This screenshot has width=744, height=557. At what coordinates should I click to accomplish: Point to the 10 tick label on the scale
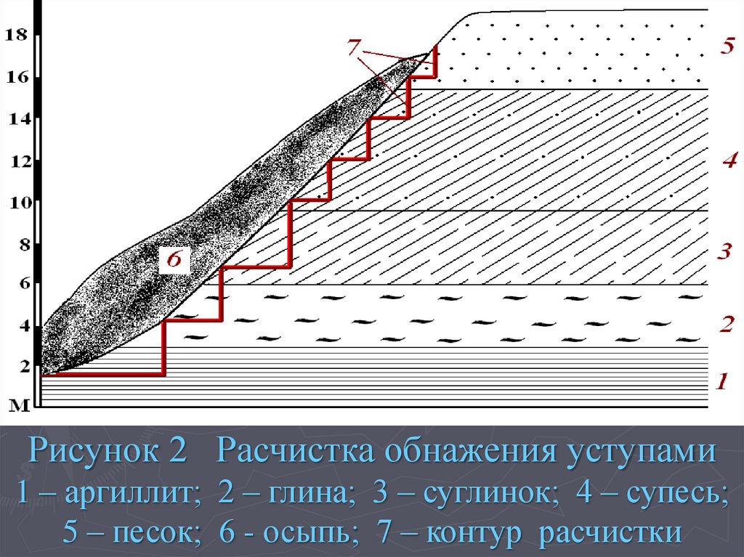point(16,202)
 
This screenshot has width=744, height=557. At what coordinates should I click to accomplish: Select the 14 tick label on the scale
point(16,119)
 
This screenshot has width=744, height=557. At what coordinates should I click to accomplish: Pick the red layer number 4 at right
point(729,160)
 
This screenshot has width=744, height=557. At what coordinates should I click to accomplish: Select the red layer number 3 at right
point(724,252)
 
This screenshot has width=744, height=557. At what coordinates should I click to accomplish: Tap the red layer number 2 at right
point(726,324)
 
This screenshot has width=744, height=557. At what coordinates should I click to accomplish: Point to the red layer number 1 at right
point(721,380)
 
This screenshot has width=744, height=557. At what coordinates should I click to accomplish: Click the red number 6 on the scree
point(174,259)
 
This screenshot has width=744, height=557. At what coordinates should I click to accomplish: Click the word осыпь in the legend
point(305,533)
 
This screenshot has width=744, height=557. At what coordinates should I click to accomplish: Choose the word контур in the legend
point(476,533)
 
